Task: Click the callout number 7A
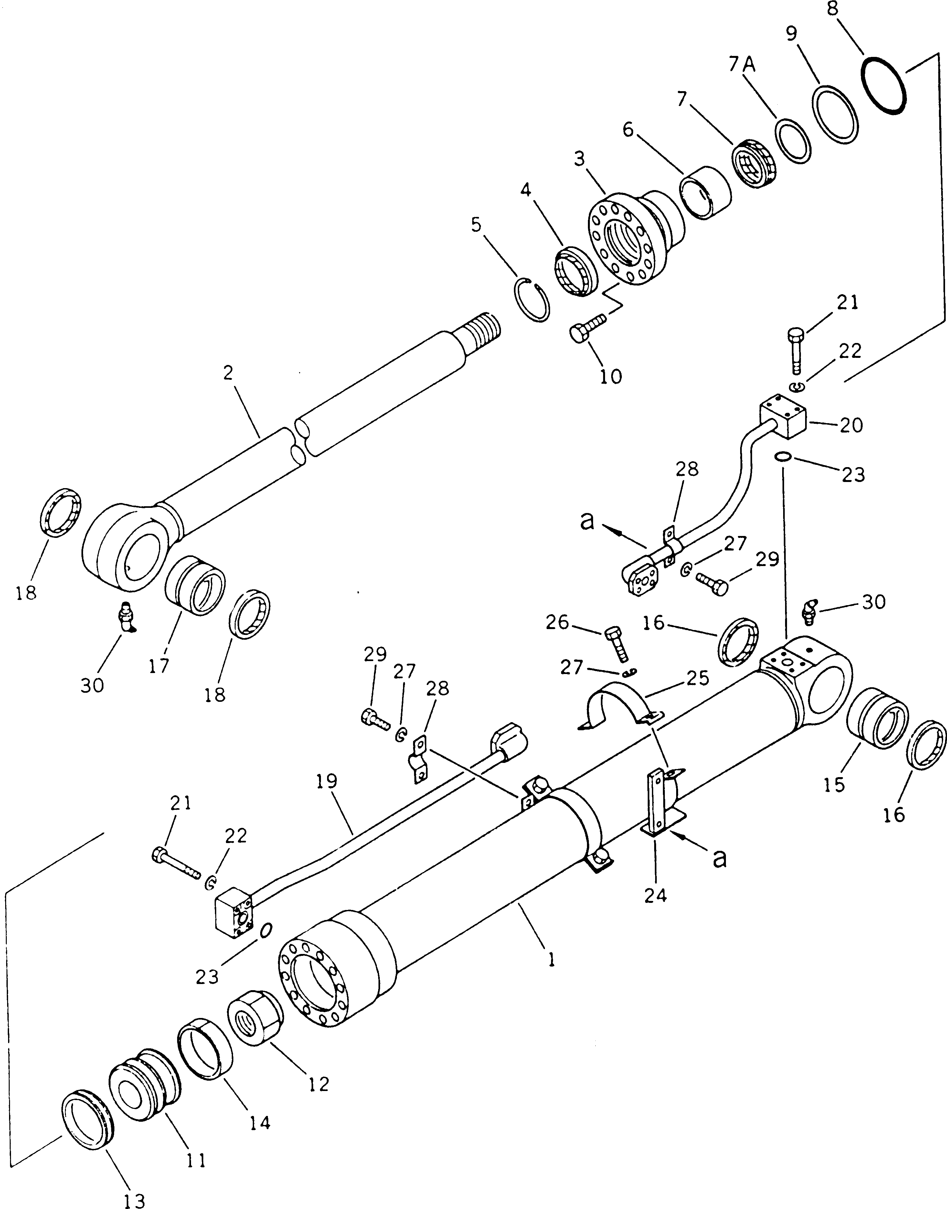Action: click(x=741, y=65)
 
